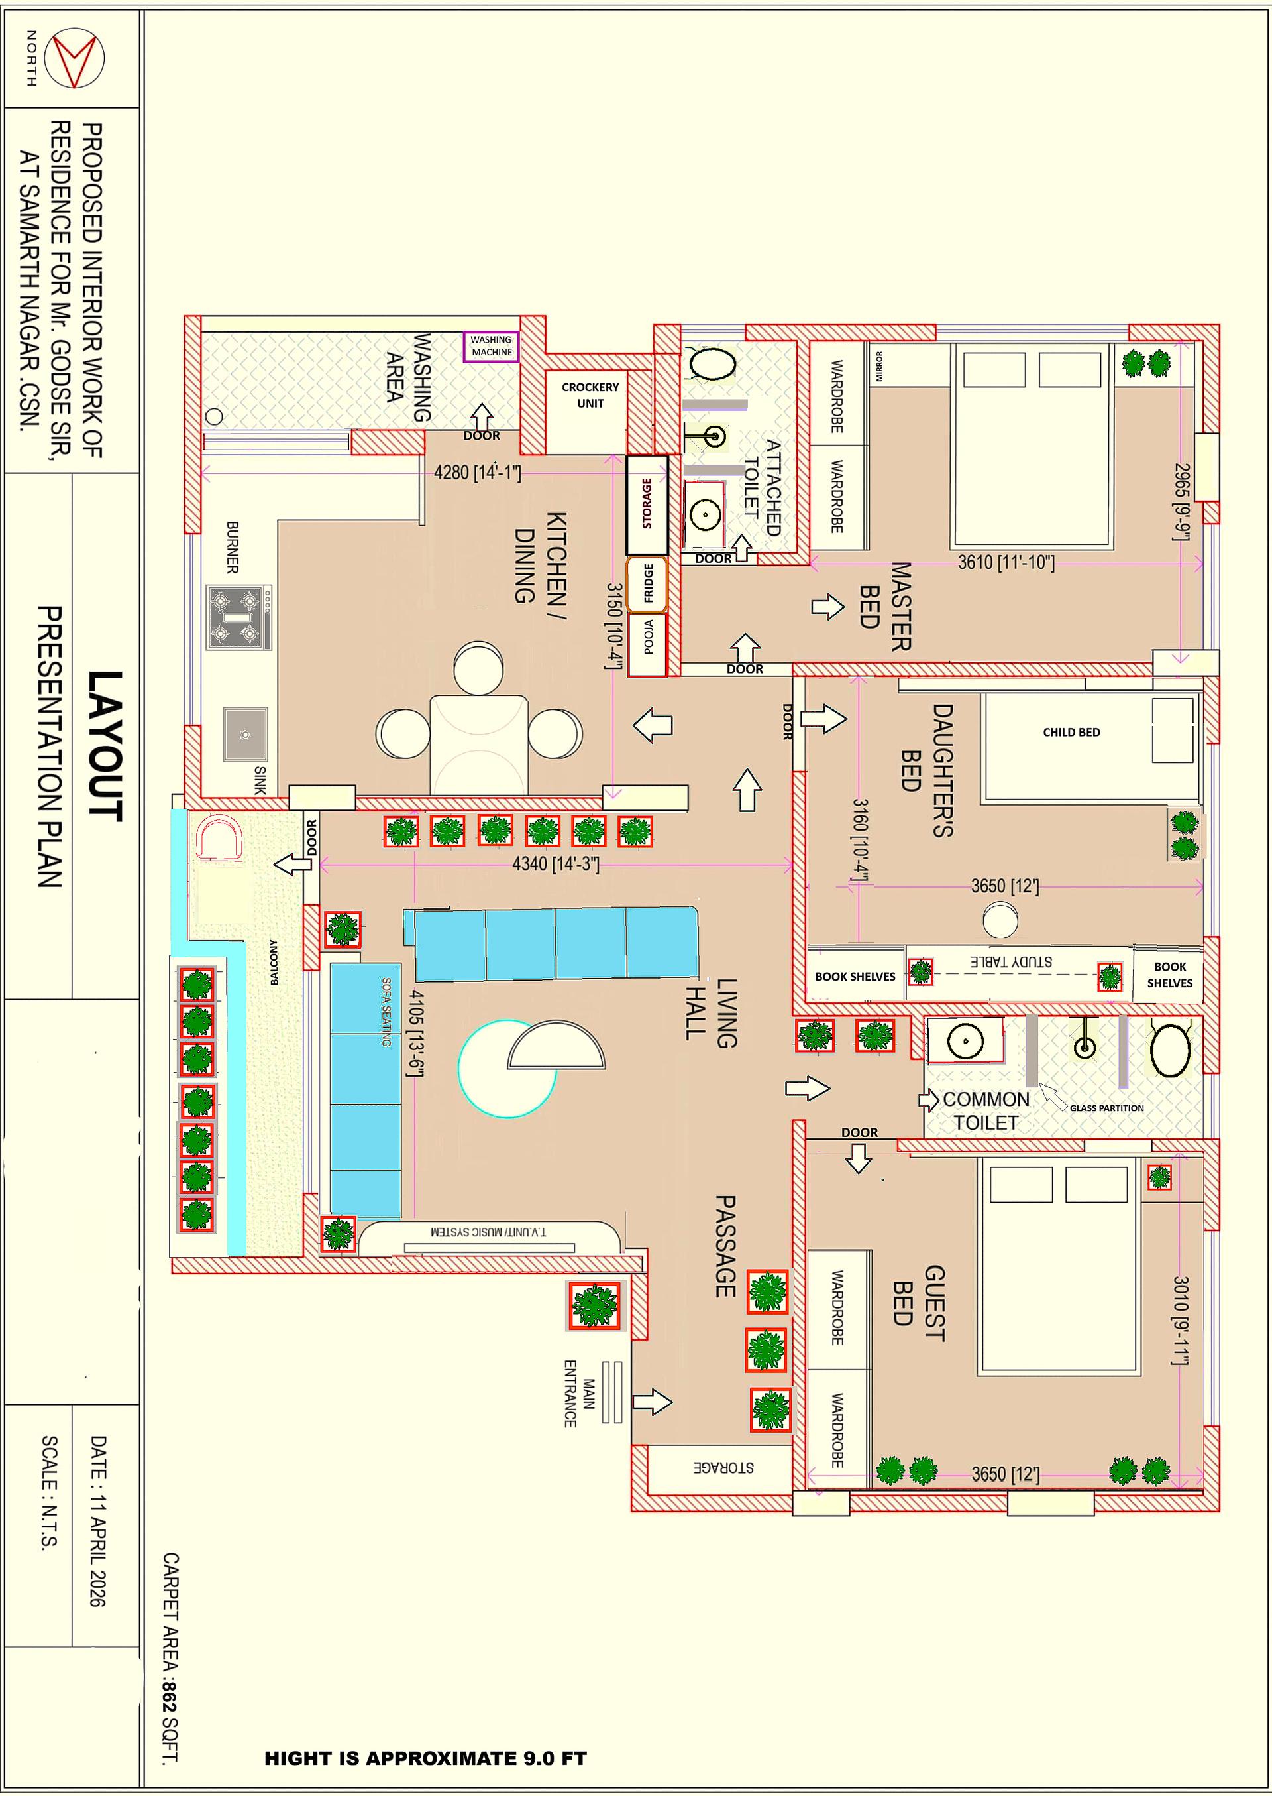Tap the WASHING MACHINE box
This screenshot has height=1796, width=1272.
491,346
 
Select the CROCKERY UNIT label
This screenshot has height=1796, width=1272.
590,395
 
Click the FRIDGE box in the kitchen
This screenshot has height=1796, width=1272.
647,584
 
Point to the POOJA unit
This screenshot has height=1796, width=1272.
648,644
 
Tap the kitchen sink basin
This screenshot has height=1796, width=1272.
245,734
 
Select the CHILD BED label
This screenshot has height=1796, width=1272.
1071,732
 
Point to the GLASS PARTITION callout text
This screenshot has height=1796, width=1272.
1106,1108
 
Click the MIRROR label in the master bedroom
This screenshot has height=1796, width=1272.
879,367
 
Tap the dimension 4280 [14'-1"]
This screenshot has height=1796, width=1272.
477,473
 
